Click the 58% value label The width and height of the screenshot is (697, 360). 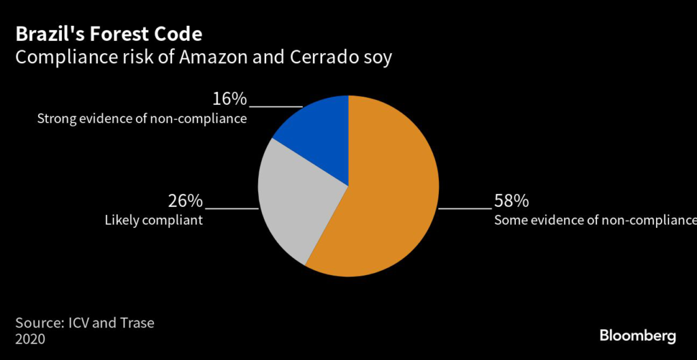click(x=511, y=201)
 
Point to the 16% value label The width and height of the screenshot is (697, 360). click(x=229, y=99)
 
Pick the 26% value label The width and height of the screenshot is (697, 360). click(x=185, y=201)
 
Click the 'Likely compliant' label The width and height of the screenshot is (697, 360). click(x=153, y=220)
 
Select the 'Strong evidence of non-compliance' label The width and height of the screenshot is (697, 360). click(x=142, y=119)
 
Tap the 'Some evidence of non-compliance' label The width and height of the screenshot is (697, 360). click(x=595, y=220)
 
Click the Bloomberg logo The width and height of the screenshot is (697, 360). click(x=637, y=335)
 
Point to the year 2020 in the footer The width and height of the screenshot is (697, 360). click(x=30, y=339)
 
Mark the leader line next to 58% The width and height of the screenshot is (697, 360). click(x=465, y=208)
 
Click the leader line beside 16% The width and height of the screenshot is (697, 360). click(x=276, y=107)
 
